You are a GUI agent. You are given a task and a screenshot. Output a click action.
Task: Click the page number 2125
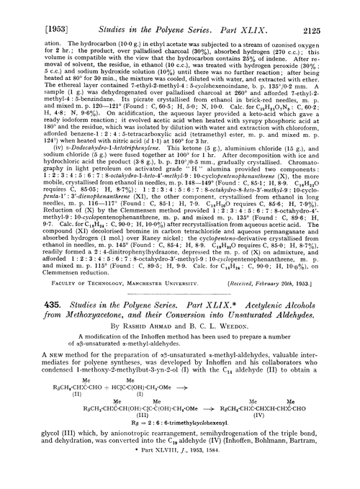(x=339, y=11)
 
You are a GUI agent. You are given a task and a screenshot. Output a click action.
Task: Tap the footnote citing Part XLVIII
(x=180, y=482)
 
